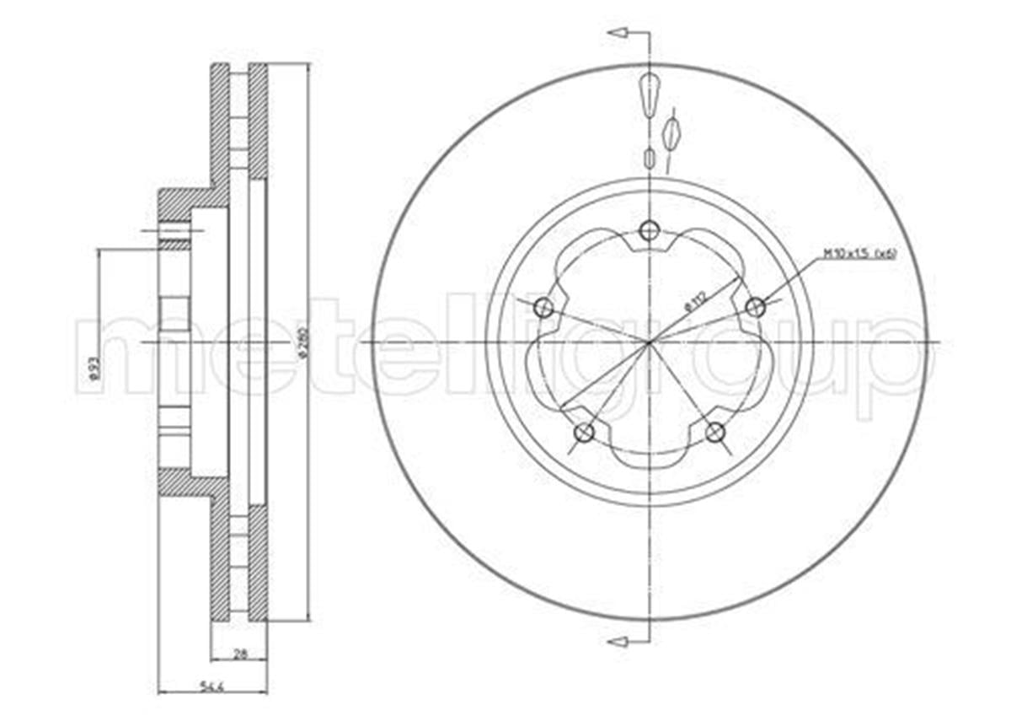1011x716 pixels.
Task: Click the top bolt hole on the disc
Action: tap(648, 230)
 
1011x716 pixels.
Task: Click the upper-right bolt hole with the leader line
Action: tap(756, 308)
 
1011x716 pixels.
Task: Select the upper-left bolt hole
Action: tap(544, 308)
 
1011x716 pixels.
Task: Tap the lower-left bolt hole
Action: tap(583, 433)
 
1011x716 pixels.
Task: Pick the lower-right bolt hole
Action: tap(714, 433)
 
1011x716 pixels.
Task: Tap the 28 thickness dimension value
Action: tap(239, 652)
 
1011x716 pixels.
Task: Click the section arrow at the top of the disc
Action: tap(618, 33)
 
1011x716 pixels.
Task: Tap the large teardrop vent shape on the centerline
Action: tap(650, 94)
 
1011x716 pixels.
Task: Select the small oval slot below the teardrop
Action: tap(649, 158)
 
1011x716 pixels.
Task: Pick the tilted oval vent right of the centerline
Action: tap(671, 132)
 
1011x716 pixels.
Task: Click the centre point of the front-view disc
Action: tap(650, 342)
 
